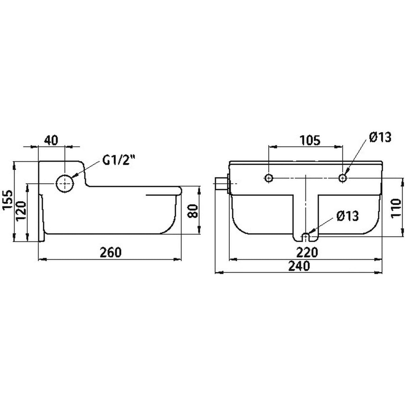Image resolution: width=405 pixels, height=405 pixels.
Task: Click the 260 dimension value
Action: coord(111,252)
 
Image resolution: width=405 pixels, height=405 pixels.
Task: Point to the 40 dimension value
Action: coord(52,140)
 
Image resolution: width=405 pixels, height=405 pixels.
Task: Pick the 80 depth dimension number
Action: coord(193,211)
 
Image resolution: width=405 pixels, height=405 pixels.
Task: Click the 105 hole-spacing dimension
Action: coord(310,141)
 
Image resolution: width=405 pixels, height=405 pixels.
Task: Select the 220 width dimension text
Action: coord(307,252)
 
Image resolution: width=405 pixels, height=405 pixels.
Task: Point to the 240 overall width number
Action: coord(299,266)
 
